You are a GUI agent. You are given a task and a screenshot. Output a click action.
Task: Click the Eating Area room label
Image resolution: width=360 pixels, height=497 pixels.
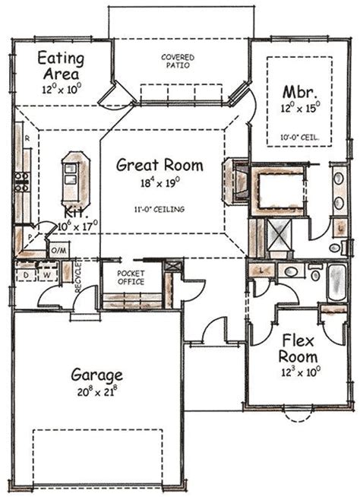point(62,66)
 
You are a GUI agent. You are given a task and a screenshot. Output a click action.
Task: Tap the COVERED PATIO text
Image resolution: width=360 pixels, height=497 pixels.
point(178,61)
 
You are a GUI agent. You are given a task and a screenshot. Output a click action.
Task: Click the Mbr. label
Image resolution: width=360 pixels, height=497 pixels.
point(299,92)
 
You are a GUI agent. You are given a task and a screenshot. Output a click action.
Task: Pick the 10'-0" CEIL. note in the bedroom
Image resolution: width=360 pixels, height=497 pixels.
point(299,138)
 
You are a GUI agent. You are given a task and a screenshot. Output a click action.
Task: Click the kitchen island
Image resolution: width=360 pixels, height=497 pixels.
point(76,180)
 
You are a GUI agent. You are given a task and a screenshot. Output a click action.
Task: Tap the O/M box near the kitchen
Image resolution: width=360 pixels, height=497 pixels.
point(59,251)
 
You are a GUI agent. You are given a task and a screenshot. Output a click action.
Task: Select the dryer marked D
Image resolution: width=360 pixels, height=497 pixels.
point(26,274)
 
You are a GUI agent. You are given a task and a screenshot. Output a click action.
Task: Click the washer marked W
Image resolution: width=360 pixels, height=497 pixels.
point(47,274)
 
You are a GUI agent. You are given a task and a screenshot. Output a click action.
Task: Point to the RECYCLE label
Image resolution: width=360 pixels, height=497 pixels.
point(78,277)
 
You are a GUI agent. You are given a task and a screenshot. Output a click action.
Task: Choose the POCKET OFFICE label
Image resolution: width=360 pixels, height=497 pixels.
point(131,277)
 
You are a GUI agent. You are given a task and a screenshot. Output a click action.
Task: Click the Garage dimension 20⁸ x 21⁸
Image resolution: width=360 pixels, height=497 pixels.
point(97,392)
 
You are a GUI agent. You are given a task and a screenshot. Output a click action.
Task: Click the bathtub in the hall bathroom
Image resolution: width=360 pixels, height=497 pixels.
point(337,283)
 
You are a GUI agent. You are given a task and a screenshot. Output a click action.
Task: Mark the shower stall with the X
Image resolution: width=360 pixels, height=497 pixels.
point(279,234)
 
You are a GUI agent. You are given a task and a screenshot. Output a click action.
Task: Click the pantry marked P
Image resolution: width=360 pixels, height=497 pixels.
point(30,237)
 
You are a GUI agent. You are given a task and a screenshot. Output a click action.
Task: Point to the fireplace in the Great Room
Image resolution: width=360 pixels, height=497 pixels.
point(236,182)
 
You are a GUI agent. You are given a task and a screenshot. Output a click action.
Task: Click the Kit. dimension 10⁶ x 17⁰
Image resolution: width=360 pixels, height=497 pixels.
point(77,226)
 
